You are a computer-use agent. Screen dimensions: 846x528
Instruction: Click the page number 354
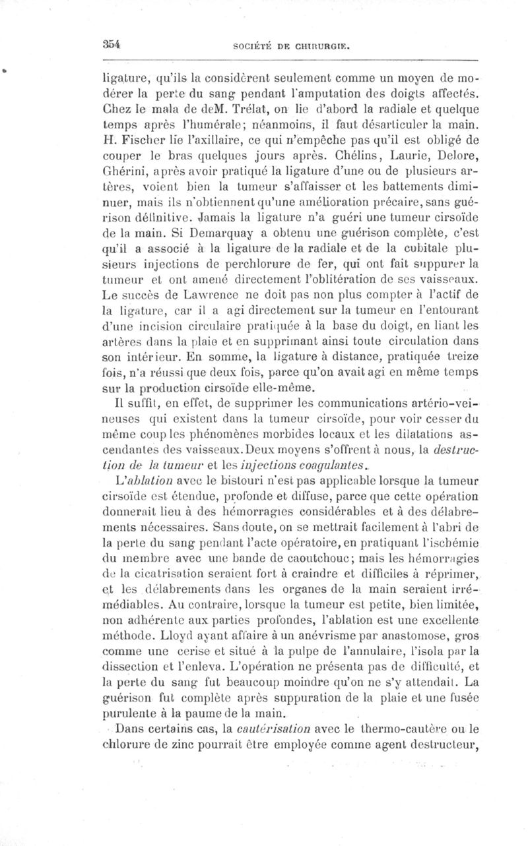pos(110,44)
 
